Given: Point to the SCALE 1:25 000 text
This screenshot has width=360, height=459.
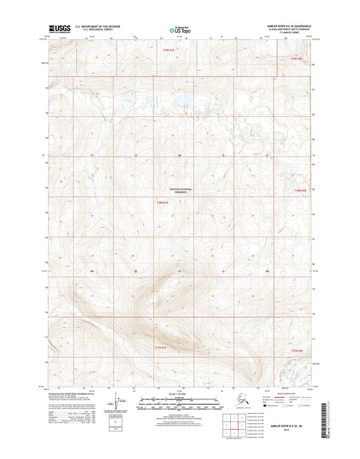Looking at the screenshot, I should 180,395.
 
